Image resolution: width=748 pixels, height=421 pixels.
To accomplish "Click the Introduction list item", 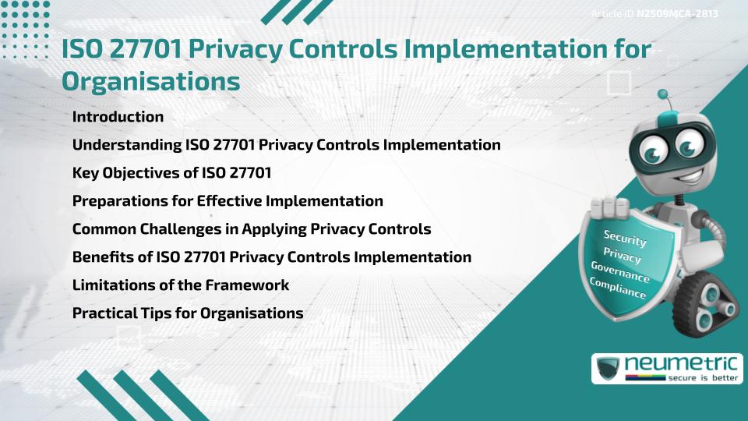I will click(118, 117).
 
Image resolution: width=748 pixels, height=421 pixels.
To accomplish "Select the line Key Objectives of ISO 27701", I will click(171, 173).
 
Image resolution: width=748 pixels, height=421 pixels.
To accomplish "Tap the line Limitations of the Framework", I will click(180, 285).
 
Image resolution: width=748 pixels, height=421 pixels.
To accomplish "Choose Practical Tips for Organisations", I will click(187, 313).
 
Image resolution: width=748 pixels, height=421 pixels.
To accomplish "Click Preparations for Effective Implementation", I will click(228, 201).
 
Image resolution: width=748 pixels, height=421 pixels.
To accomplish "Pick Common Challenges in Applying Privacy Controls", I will click(252, 229).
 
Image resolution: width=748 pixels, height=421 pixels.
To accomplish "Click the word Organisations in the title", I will click(150, 80).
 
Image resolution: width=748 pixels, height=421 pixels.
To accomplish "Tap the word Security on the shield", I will click(625, 238).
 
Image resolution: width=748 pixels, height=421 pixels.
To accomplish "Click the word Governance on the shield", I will click(620, 271).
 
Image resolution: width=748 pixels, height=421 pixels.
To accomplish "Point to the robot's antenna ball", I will click(664, 94).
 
